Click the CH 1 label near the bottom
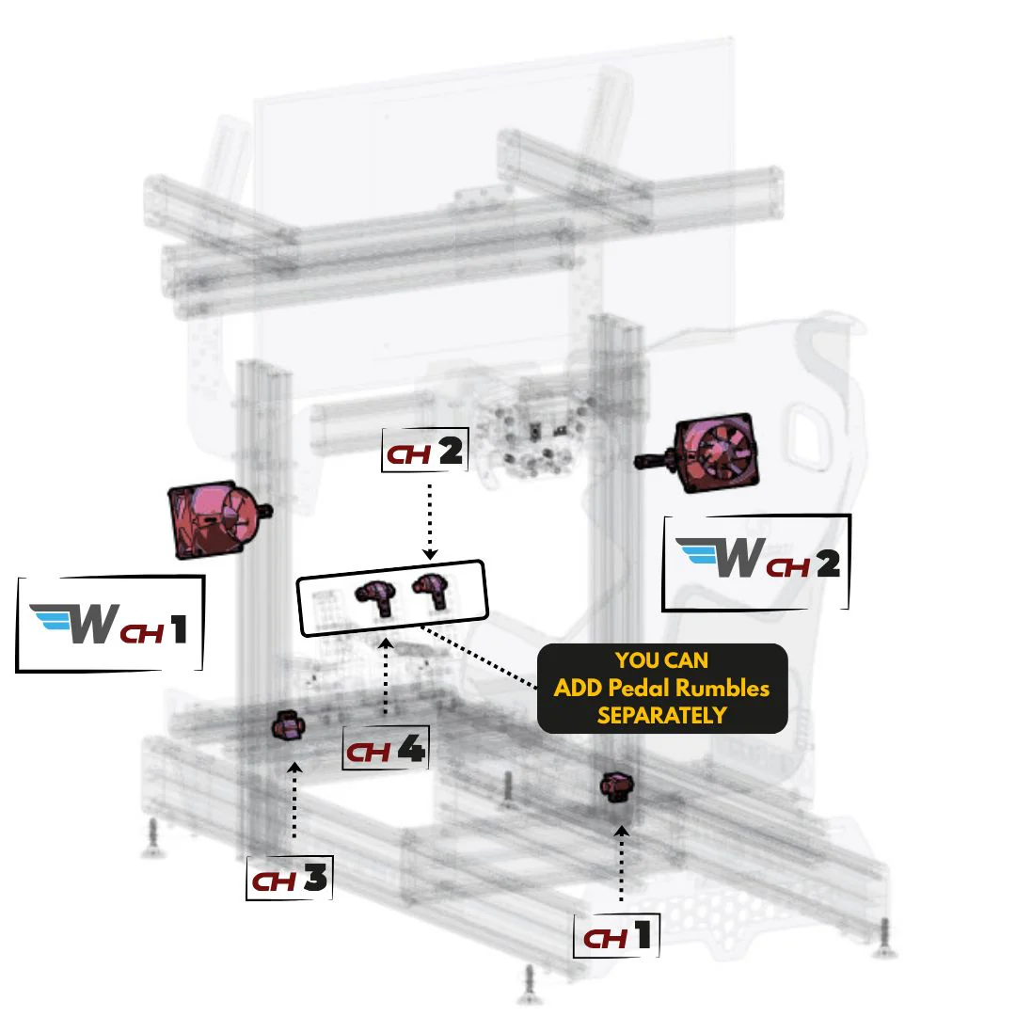617,935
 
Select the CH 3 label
289,879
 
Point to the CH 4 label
386,749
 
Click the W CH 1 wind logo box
110,625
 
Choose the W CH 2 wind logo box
757,562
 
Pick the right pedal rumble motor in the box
431,590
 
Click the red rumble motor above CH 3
289,727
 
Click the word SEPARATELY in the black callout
661,715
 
